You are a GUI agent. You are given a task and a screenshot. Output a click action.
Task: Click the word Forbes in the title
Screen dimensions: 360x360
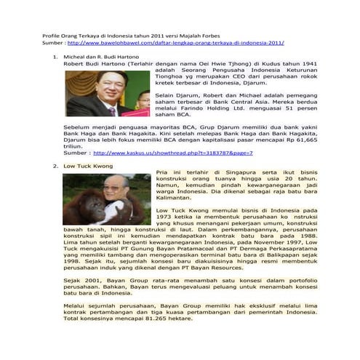[217, 35]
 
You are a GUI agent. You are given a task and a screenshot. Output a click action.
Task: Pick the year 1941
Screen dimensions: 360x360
[298, 63]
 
